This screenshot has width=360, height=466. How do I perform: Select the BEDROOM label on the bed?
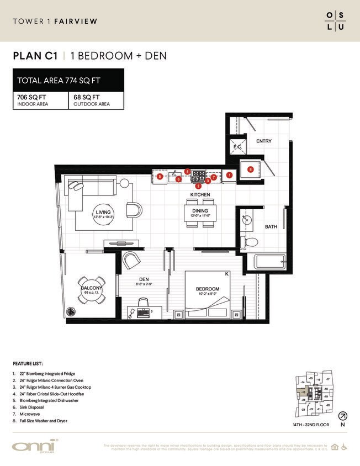click(208, 289)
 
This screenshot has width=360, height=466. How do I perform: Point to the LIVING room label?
click(103, 212)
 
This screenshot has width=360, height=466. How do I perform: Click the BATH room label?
click(271, 227)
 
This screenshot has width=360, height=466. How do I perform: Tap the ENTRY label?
click(264, 141)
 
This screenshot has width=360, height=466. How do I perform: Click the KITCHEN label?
click(200, 195)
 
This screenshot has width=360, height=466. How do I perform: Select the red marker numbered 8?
click(250, 170)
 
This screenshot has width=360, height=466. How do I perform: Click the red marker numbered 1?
click(229, 175)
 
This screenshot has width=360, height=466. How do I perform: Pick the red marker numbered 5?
click(159, 177)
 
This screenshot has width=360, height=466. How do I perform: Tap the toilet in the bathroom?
click(250, 242)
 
